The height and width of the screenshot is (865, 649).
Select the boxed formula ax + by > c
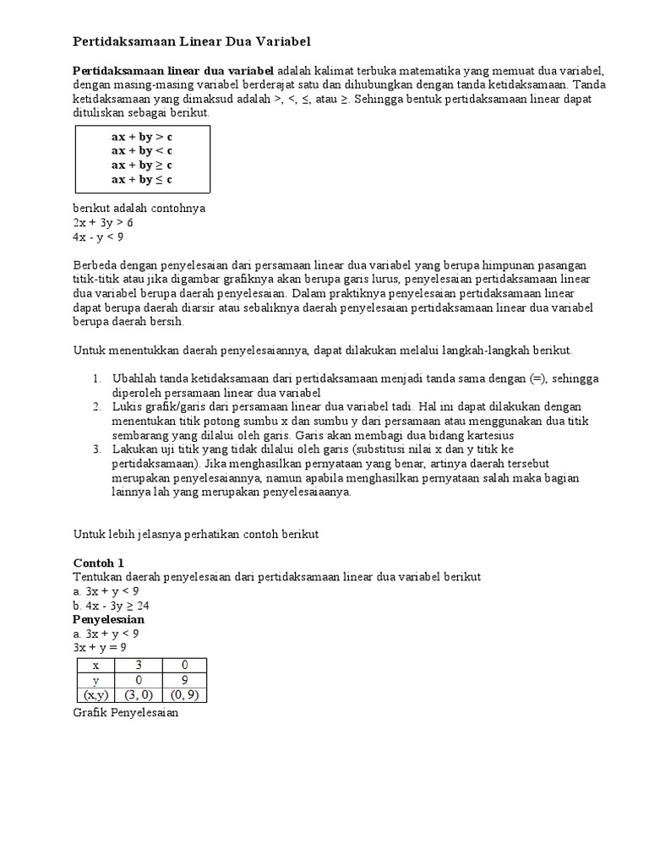(x=141, y=136)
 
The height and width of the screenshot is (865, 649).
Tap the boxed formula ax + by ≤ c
(x=141, y=179)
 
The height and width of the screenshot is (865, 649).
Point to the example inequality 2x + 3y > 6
(x=103, y=222)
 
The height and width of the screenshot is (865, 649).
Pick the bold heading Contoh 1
(x=98, y=562)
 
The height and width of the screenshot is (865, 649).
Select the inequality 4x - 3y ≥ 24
(x=112, y=606)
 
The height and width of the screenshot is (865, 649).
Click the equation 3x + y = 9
(x=100, y=647)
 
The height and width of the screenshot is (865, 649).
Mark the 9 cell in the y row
(x=184, y=680)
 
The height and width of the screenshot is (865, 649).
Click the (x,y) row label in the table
(x=95, y=695)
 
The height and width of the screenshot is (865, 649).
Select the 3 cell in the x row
(x=139, y=666)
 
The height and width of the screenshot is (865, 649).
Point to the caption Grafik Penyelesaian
(x=126, y=712)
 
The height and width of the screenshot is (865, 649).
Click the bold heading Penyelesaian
(x=108, y=619)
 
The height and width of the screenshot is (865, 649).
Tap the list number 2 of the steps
(x=97, y=406)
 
